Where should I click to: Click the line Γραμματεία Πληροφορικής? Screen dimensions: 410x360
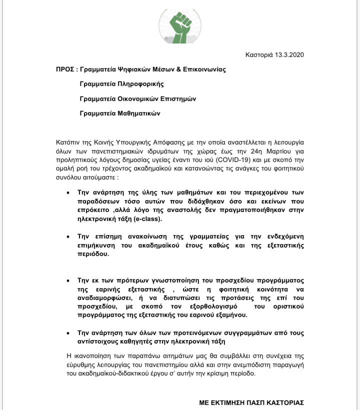tap(121, 84)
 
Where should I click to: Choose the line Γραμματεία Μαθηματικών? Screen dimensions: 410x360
tap(120, 113)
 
